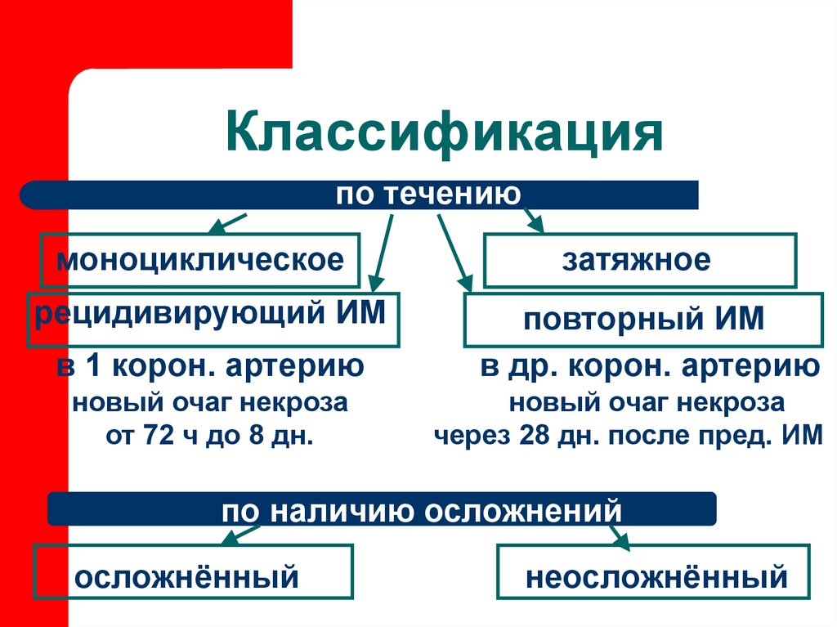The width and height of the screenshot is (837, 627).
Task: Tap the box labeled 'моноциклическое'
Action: (x=199, y=261)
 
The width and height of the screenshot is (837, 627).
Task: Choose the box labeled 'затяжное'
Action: (x=640, y=260)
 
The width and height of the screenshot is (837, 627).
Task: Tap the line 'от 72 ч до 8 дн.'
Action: (x=210, y=435)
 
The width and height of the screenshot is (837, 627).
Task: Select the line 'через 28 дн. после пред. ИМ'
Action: (x=627, y=435)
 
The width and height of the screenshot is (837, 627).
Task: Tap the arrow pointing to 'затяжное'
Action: (x=534, y=221)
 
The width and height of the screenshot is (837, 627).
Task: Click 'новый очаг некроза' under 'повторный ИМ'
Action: (x=647, y=402)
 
